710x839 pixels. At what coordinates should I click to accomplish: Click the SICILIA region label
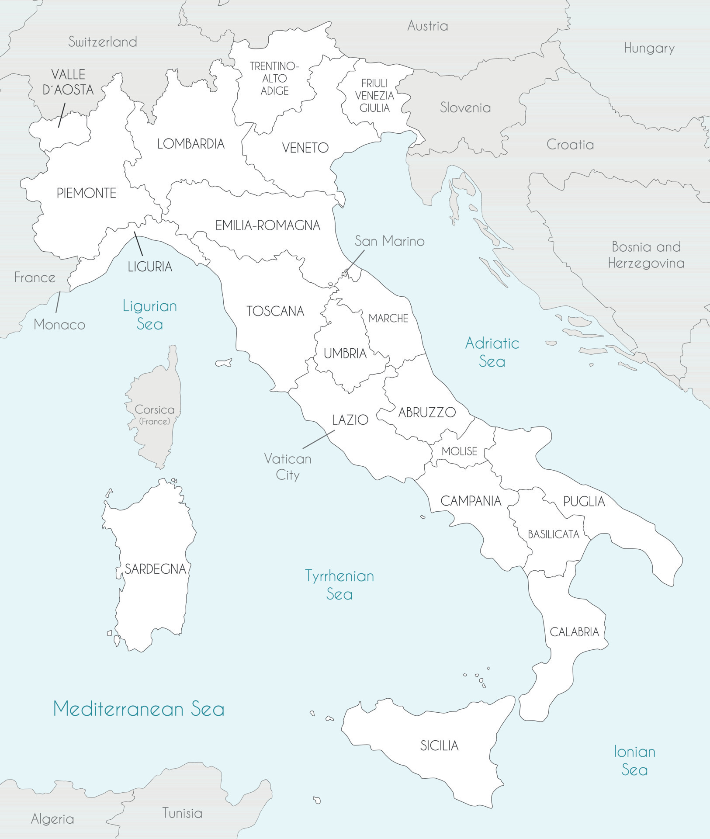(439, 745)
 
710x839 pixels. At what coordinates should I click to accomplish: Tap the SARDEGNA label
(155, 569)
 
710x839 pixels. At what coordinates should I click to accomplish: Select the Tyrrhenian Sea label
(339, 585)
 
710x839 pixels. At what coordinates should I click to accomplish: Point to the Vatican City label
(287, 467)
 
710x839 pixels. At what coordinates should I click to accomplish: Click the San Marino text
(389, 241)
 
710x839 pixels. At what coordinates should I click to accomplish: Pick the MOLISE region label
(459, 451)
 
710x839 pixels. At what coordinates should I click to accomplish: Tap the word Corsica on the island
(154, 410)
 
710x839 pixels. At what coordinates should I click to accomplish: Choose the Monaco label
(59, 324)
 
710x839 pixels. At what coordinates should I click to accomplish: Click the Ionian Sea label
(634, 760)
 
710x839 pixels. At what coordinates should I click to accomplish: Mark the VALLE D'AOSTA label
(68, 82)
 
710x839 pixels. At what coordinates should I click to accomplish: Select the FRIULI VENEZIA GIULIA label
(374, 95)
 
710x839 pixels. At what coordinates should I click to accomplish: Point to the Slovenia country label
(465, 107)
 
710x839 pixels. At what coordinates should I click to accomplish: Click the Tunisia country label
(182, 813)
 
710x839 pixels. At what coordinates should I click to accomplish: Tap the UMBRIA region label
(345, 353)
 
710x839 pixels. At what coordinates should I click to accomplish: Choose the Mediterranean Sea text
(139, 709)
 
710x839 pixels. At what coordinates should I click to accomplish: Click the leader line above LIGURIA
(138, 243)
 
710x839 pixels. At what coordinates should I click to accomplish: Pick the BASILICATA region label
(553, 534)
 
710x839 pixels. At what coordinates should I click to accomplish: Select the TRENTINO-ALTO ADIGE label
(274, 79)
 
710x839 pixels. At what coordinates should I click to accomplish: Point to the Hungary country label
(649, 48)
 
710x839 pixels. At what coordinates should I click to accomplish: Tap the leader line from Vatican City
(319, 439)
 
